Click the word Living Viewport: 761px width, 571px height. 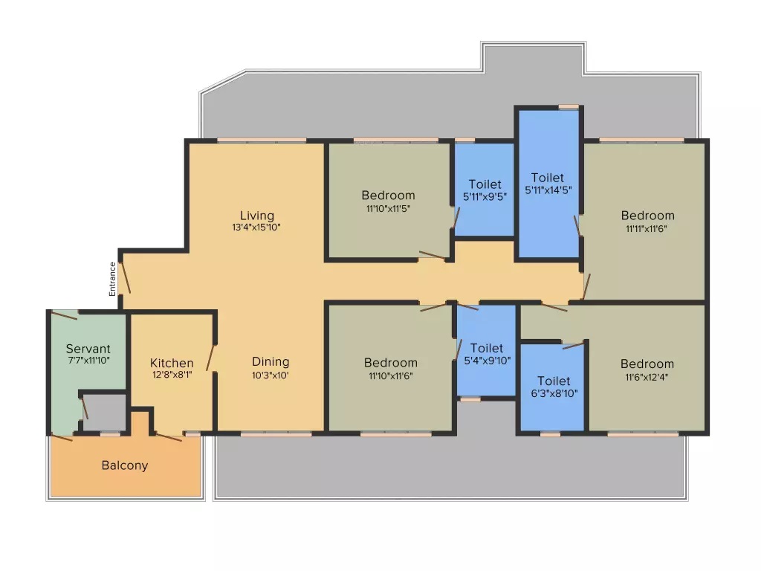pyautogui.click(x=256, y=216)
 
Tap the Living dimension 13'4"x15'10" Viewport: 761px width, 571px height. pyautogui.click(x=256, y=228)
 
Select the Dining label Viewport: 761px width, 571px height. pyautogui.click(x=270, y=362)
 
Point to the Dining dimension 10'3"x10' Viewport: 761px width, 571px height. pyautogui.click(x=270, y=375)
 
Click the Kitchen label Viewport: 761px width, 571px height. pyautogui.click(x=172, y=364)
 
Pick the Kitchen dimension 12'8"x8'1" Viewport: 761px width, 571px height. pyautogui.click(x=172, y=375)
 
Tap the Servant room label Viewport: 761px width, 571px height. pyautogui.click(x=88, y=348)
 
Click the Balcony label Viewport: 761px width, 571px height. pyautogui.click(x=125, y=465)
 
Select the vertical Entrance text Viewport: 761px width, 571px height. pyautogui.click(x=113, y=279)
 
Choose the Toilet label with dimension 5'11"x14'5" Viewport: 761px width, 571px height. pyautogui.click(x=548, y=178)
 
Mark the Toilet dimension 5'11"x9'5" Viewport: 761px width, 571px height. pyautogui.click(x=485, y=197)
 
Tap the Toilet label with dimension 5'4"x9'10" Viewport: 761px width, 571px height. pyautogui.click(x=487, y=348)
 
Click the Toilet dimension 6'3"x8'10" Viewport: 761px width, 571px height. pyautogui.click(x=554, y=393)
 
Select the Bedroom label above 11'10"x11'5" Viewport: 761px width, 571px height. pyautogui.click(x=388, y=196)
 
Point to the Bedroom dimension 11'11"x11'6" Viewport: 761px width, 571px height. pyautogui.click(x=647, y=228)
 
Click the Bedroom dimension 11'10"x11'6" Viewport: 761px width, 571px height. pyautogui.click(x=390, y=375)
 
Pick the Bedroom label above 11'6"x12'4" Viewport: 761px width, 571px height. pyautogui.click(x=647, y=364)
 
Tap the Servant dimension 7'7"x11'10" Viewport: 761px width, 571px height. pyautogui.click(x=88, y=360)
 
